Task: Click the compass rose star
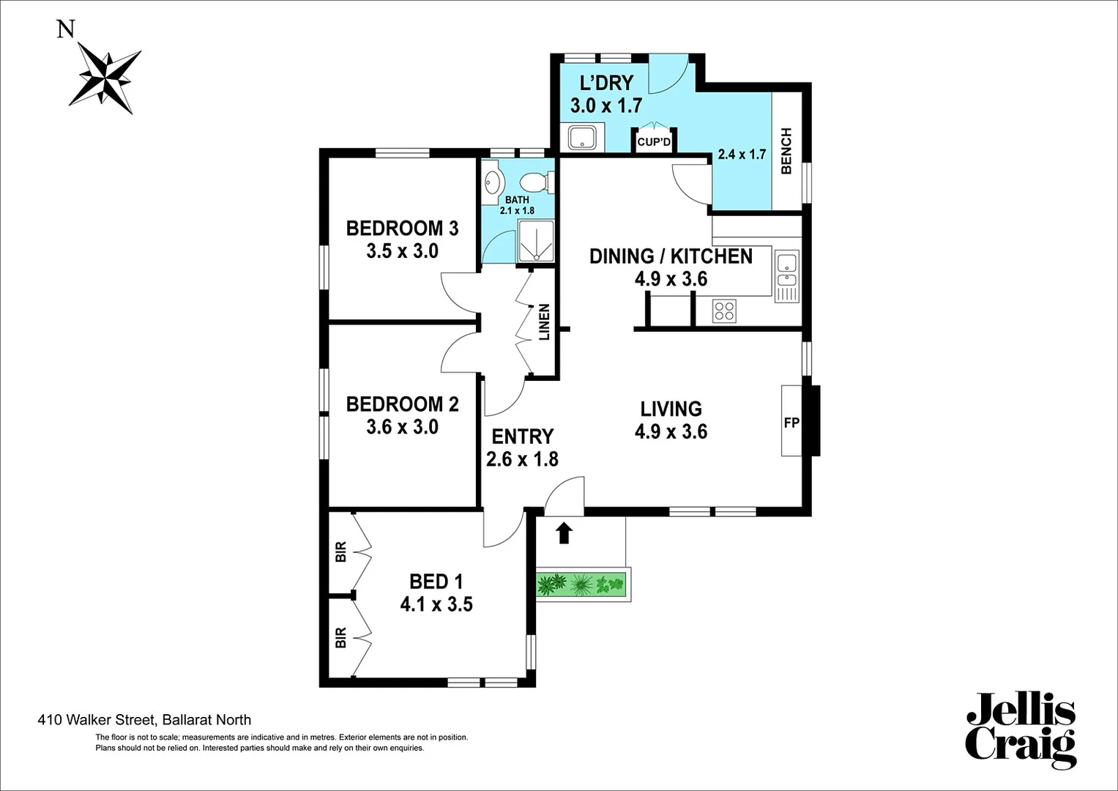point(105,78)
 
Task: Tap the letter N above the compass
point(66,29)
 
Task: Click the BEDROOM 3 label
point(402,229)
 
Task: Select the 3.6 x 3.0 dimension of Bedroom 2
point(402,427)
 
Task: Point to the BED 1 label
point(436,582)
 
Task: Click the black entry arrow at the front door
point(563,532)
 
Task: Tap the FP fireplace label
point(791,423)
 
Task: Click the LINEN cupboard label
point(545,322)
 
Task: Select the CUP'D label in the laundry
point(653,142)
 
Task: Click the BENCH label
point(786,151)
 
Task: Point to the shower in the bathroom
point(536,241)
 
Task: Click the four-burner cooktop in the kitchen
point(724,311)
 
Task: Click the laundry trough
point(584,138)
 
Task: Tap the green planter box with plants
point(582,584)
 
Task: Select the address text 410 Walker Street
point(144,720)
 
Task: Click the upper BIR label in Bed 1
point(340,552)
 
